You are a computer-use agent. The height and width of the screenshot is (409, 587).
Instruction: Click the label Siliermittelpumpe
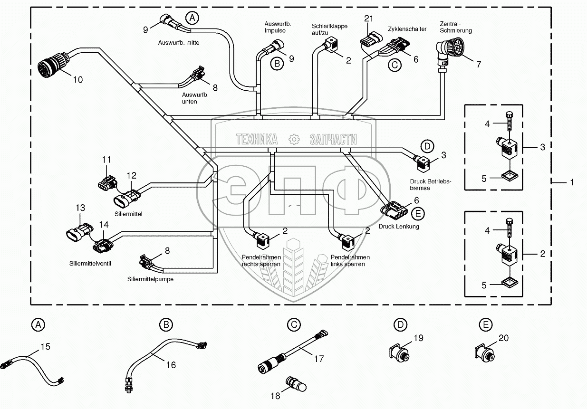[x=150, y=279]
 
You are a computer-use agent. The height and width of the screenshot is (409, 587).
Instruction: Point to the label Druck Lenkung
[x=399, y=227]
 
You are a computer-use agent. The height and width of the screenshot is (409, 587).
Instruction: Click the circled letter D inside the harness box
[x=427, y=145]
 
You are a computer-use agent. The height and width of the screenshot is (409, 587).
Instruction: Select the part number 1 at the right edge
[x=571, y=181]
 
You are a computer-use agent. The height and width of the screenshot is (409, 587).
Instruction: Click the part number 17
[x=319, y=359]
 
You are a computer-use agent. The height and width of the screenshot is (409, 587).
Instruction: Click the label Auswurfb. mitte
[x=178, y=42]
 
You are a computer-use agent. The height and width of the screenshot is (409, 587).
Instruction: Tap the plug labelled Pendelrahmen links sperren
[x=344, y=236]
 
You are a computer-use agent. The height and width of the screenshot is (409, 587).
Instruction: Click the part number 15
[x=45, y=347]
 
